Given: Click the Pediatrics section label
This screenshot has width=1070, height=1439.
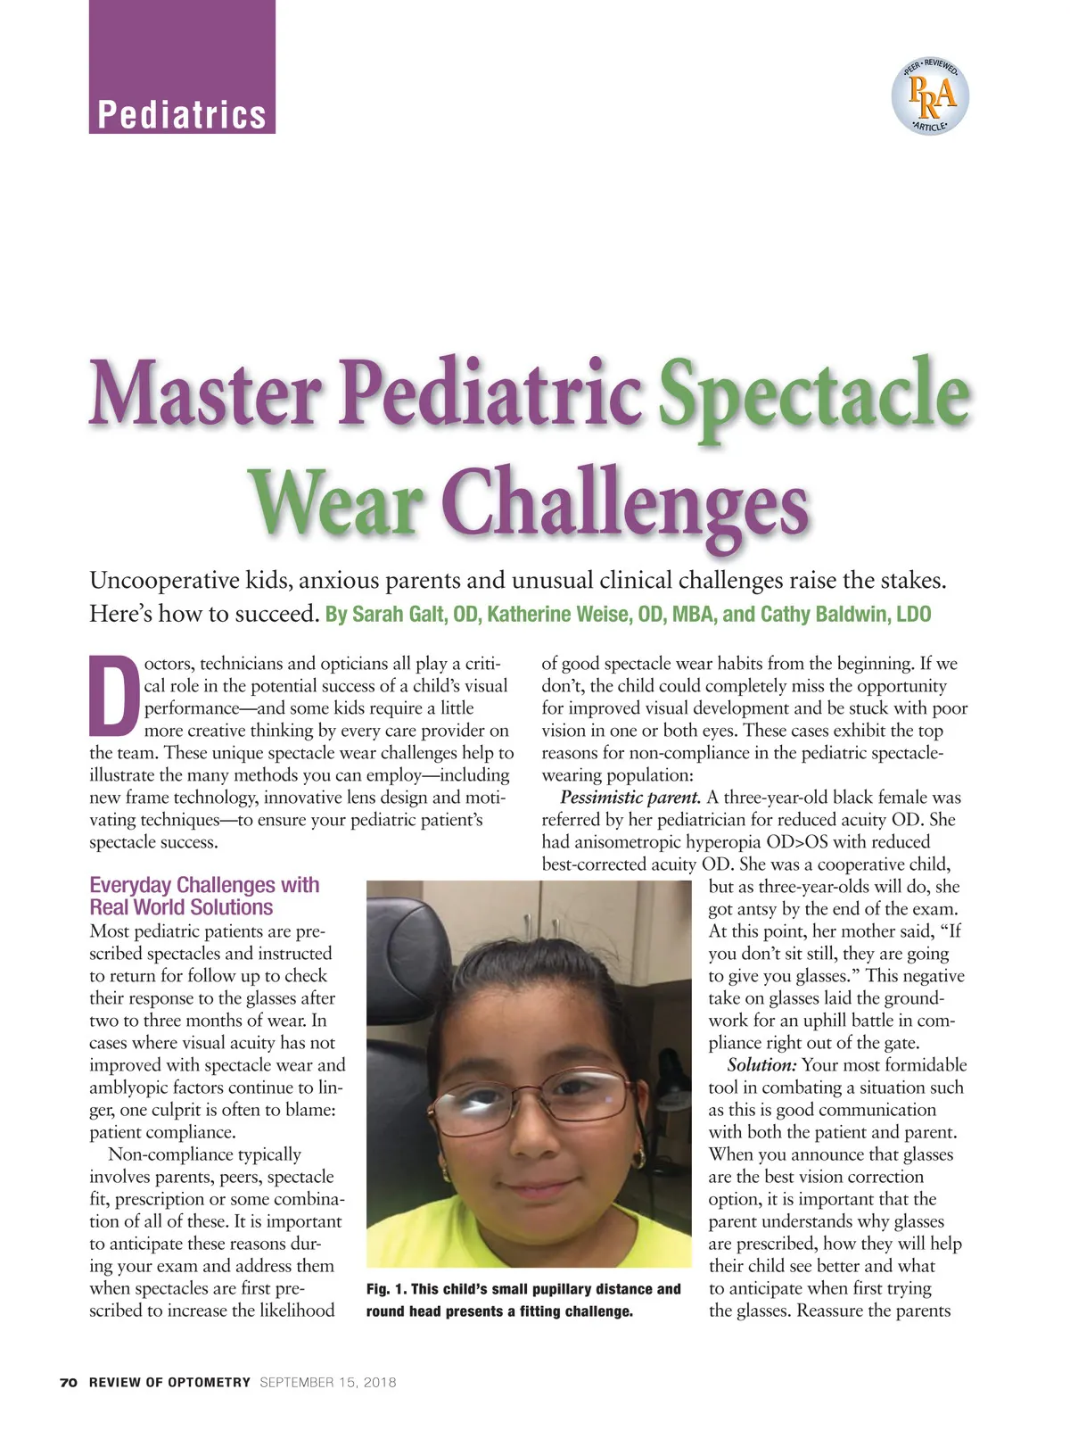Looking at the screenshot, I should coord(182,115).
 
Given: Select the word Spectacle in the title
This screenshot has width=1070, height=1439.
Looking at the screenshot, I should coord(813,393).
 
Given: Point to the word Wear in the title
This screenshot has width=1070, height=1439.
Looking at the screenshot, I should coord(334,501).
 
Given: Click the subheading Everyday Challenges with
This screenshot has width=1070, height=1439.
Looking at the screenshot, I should coord(204,885).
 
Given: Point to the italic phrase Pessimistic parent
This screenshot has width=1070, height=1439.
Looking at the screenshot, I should coord(630,798).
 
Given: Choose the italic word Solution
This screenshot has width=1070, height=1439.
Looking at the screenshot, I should coord(761,1065).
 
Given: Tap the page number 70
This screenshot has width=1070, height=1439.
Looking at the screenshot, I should coord(69,1383).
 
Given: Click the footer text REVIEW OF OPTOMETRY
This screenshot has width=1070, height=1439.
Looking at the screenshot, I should coord(169,1383).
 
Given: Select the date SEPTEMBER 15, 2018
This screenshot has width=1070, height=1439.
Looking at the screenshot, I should coord(328,1383).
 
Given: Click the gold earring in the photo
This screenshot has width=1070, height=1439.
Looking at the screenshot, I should coord(638,1159).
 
